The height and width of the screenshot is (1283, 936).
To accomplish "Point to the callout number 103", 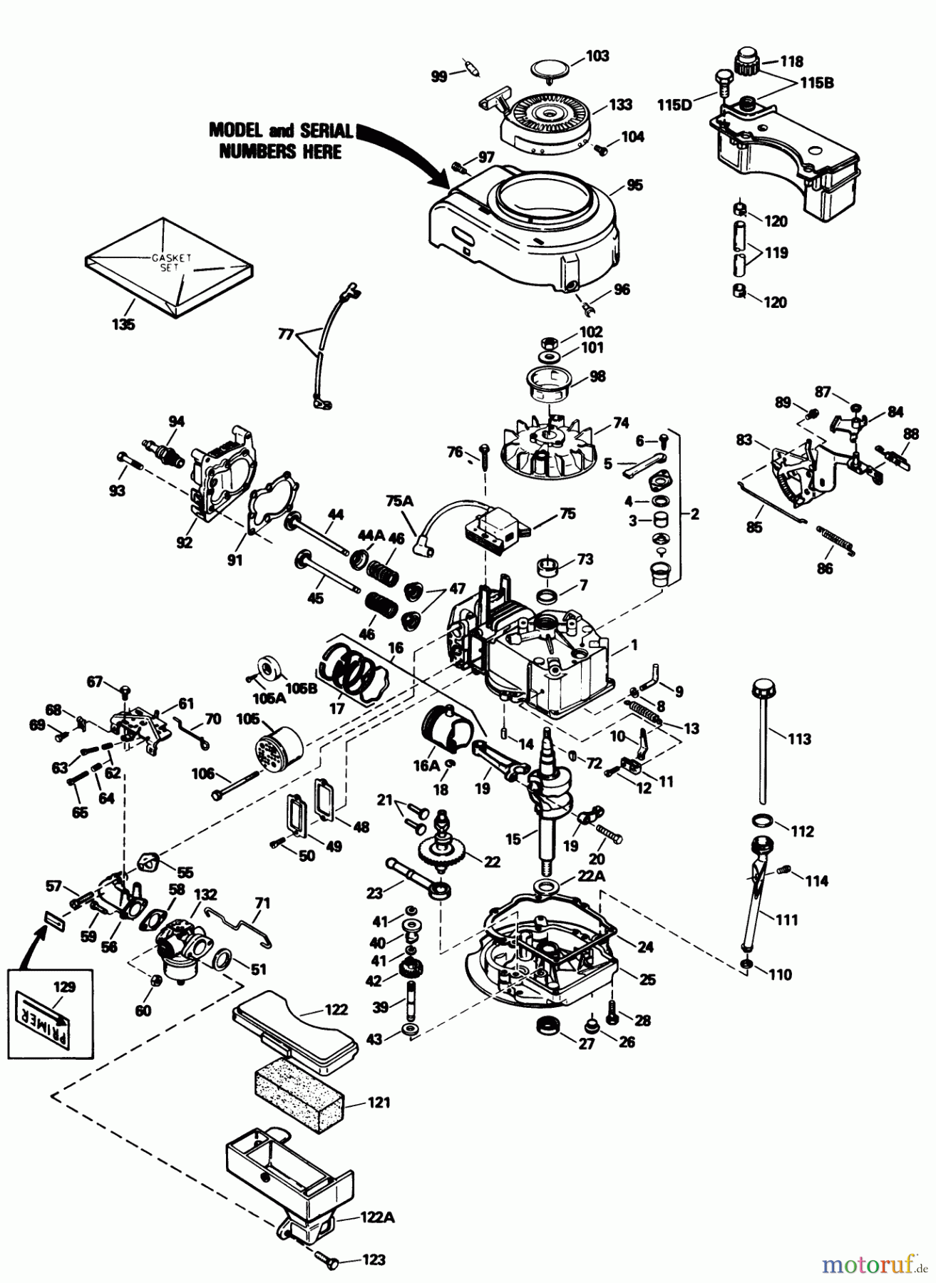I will click(x=597, y=56).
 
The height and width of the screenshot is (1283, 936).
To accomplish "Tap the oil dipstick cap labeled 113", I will click(x=762, y=690).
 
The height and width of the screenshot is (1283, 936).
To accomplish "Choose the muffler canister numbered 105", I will click(x=278, y=746).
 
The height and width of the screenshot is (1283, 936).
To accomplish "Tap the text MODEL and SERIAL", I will click(x=280, y=131).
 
